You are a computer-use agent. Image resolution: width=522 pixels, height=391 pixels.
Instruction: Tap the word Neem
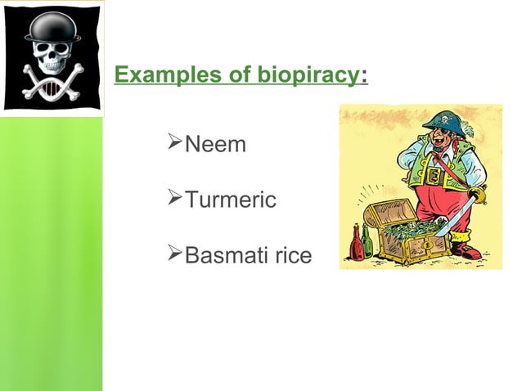(215, 146)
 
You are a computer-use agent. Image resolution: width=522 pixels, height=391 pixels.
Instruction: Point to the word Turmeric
(231, 200)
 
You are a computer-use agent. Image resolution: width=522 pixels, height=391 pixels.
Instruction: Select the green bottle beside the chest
(367, 242)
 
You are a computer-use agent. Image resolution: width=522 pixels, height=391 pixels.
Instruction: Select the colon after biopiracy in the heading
(363, 77)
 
